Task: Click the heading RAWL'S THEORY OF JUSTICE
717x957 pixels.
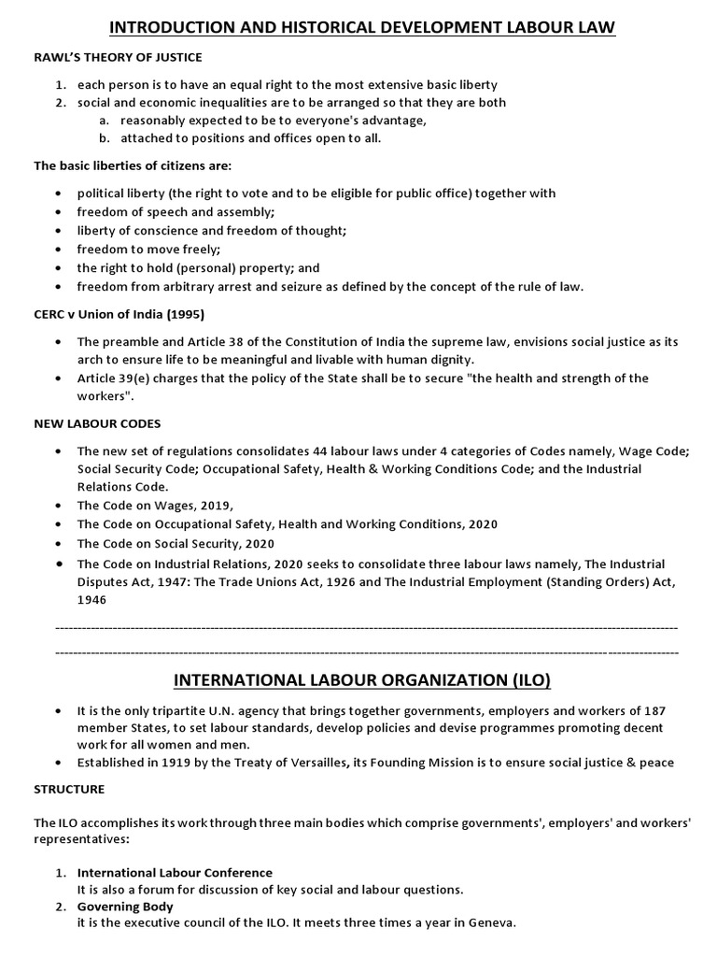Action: (119, 58)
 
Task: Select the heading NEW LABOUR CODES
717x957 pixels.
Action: (98, 423)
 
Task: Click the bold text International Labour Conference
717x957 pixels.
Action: (175, 872)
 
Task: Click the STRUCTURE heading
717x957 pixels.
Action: (70, 789)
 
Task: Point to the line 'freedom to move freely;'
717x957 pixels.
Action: (149, 250)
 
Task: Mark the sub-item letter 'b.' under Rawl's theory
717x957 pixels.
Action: (103, 138)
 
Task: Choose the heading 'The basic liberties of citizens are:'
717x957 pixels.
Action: (133, 165)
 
